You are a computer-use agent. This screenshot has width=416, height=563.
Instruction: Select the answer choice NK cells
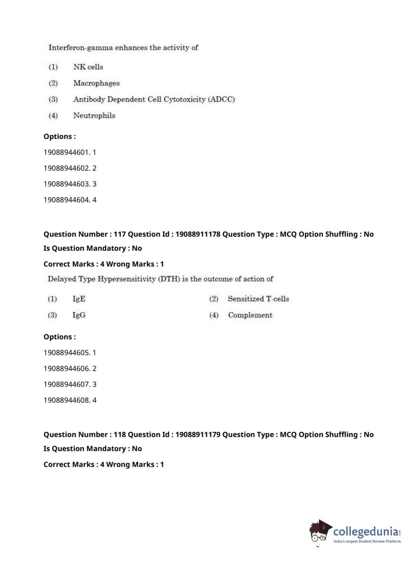tap(88, 67)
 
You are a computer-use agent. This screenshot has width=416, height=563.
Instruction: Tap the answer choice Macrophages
tap(96, 83)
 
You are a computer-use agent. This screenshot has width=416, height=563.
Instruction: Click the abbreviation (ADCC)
tap(222, 99)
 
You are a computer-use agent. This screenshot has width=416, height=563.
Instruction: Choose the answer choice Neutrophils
tap(94, 115)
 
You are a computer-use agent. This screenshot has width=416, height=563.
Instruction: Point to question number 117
tap(119, 234)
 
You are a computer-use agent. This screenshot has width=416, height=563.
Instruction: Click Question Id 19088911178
tap(198, 234)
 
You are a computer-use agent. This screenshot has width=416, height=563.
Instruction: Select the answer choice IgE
tap(79, 299)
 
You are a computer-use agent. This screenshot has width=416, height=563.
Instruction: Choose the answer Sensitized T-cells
tap(258, 299)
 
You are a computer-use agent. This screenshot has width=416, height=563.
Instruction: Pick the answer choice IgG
tap(79, 315)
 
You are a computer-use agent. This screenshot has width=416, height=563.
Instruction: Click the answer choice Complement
tap(250, 315)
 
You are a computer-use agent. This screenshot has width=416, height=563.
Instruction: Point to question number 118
tap(119, 435)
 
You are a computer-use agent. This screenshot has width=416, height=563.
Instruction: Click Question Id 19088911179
tap(198, 435)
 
